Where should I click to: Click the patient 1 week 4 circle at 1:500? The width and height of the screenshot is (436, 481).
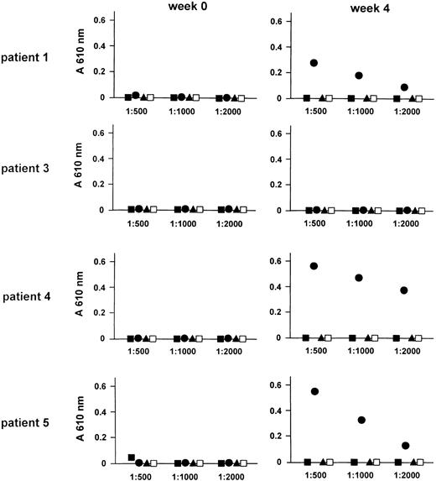[314, 63]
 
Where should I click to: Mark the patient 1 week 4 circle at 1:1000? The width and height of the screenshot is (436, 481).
[359, 76]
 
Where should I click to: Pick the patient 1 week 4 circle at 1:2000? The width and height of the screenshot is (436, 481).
[404, 87]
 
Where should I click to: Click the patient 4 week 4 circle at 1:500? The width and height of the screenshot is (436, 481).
[314, 266]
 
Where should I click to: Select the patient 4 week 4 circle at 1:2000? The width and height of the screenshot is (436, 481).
[404, 290]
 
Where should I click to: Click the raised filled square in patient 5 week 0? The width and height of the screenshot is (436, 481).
[131, 457]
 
